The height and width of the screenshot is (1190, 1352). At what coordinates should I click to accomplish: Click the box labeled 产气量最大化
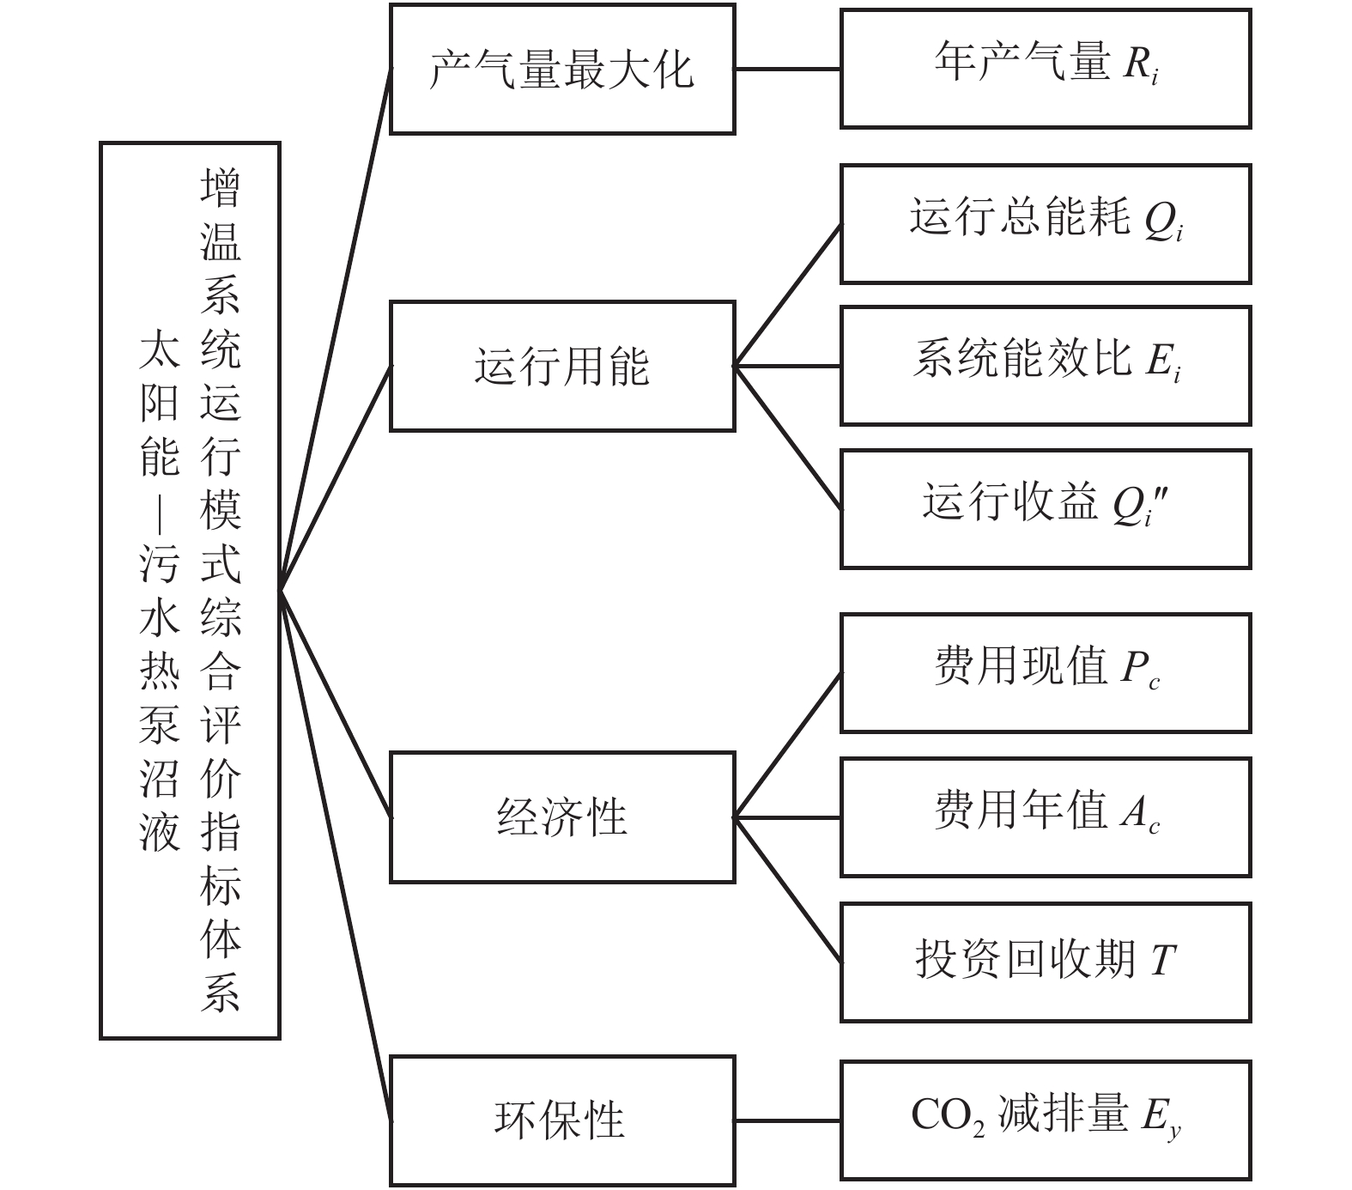pyautogui.click(x=562, y=70)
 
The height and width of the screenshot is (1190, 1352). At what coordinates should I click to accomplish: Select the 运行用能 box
pyautogui.click(x=562, y=367)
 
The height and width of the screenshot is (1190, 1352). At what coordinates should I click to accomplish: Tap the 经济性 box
pyautogui.click(x=562, y=817)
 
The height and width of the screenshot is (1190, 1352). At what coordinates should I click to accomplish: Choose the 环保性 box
pyautogui.click(x=562, y=1120)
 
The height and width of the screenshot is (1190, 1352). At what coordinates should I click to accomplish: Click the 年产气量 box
pyautogui.click(x=1045, y=70)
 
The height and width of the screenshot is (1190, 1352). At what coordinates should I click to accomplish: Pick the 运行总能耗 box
pyautogui.click(x=1045, y=224)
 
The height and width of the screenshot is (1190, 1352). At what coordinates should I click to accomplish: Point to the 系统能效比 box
pyautogui.click(x=1045, y=366)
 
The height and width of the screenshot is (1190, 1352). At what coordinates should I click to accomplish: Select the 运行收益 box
pyautogui.click(x=1045, y=508)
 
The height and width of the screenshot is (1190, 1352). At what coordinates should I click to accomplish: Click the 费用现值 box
pyautogui.click(x=1045, y=673)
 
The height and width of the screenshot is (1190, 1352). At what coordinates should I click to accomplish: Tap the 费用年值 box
pyautogui.click(x=1045, y=817)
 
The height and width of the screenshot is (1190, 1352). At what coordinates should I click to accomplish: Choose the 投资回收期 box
pyautogui.click(x=1045, y=962)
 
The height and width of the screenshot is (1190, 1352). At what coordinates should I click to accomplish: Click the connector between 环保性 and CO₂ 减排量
pyautogui.click(x=787, y=1120)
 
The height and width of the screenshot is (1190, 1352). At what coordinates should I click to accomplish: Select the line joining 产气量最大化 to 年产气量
pyautogui.click(x=787, y=70)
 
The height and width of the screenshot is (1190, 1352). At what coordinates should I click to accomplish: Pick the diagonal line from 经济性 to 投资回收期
pyautogui.click(x=787, y=889)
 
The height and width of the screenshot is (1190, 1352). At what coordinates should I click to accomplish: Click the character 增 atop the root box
pyautogui.click(x=221, y=188)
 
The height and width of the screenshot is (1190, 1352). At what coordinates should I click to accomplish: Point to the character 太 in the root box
pyautogui.click(x=160, y=349)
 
